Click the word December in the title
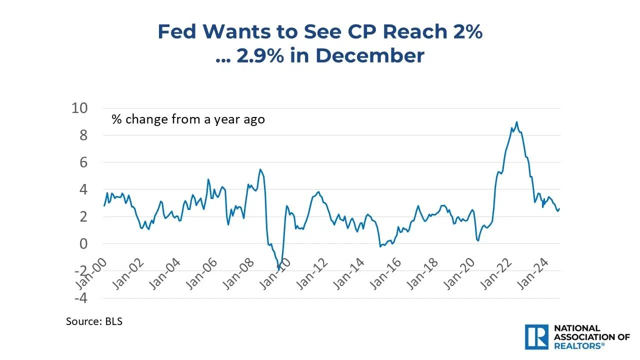(x=370, y=55)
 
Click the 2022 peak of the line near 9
(x=516, y=121)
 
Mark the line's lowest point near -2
(x=278, y=270)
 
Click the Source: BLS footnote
(x=94, y=321)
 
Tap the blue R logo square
(x=537, y=337)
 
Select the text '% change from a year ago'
(x=188, y=119)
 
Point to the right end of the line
(x=559, y=208)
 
